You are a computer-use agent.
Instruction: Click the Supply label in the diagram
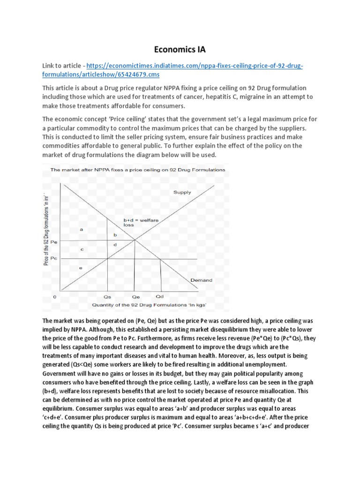pyautogui.click(x=182, y=192)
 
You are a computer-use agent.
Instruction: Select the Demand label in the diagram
pyautogui.click(x=201, y=280)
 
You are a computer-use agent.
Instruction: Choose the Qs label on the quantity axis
pyautogui.click(x=107, y=297)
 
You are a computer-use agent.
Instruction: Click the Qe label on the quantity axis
pyautogui.click(x=135, y=297)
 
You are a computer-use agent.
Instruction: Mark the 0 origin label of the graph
pyautogui.click(x=55, y=297)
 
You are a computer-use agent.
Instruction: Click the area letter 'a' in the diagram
pyautogui.click(x=82, y=229)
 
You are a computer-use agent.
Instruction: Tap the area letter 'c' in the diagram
pyautogui.click(x=82, y=249)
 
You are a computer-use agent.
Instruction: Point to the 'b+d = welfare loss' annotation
pyautogui.click(x=135, y=222)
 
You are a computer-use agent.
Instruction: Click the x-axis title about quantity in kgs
pyautogui.click(x=136, y=306)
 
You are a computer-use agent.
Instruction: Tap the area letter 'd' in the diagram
pyautogui.click(x=115, y=245)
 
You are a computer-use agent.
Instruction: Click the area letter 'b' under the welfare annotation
pyautogui.click(x=115, y=234)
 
